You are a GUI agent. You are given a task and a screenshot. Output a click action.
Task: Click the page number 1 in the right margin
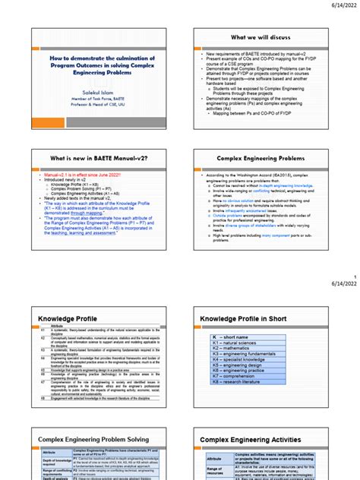[355, 277]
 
